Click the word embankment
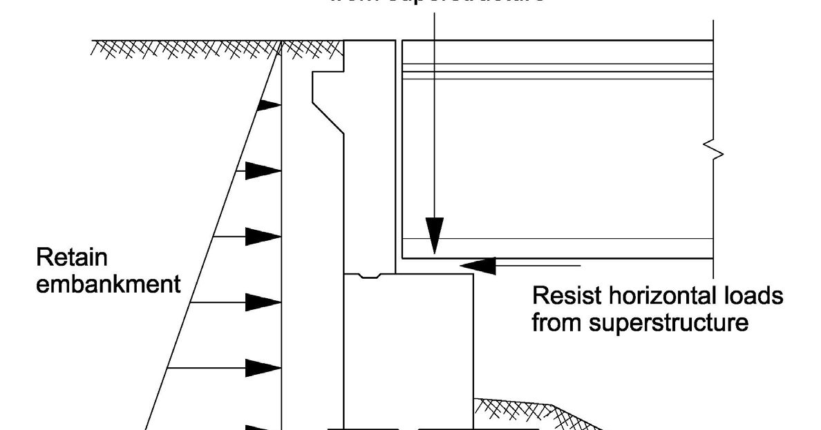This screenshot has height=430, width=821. [x=108, y=285]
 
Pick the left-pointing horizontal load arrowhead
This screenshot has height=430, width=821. [x=478, y=264]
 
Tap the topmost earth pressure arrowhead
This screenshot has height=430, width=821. [x=269, y=106]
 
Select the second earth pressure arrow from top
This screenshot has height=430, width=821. [x=263, y=170]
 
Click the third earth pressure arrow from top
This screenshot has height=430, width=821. [x=263, y=236]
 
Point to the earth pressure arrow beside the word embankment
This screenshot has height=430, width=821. [x=263, y=302]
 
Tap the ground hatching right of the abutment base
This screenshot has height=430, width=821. [x=525, y=411]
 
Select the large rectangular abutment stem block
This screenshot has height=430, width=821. [x=408, y=345]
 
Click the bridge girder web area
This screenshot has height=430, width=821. [x=553, y=159]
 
